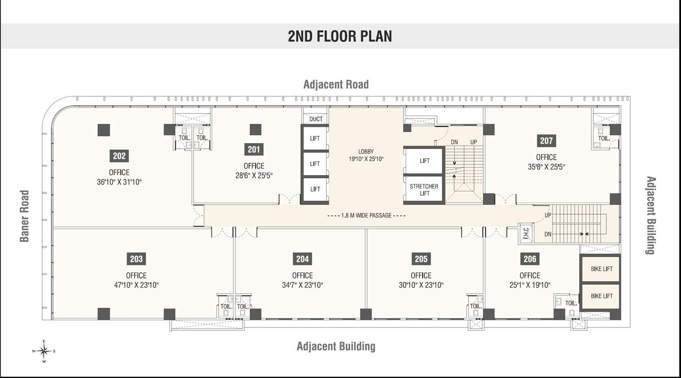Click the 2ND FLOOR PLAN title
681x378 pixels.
340,36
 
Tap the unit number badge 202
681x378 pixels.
119,156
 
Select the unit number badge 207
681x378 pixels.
546,141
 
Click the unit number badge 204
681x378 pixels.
302,259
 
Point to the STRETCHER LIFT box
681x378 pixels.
424,190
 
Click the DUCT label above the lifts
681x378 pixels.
316,119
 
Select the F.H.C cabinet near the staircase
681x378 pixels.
526,234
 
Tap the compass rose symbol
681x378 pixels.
44,350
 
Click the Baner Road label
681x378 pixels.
24,216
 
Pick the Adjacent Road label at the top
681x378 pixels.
335,84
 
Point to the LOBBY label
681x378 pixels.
366,151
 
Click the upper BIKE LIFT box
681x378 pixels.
601,269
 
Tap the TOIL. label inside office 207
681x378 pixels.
604,138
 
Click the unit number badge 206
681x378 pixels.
530,259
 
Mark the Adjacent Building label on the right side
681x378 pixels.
650,215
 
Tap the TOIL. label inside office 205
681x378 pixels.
476,306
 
